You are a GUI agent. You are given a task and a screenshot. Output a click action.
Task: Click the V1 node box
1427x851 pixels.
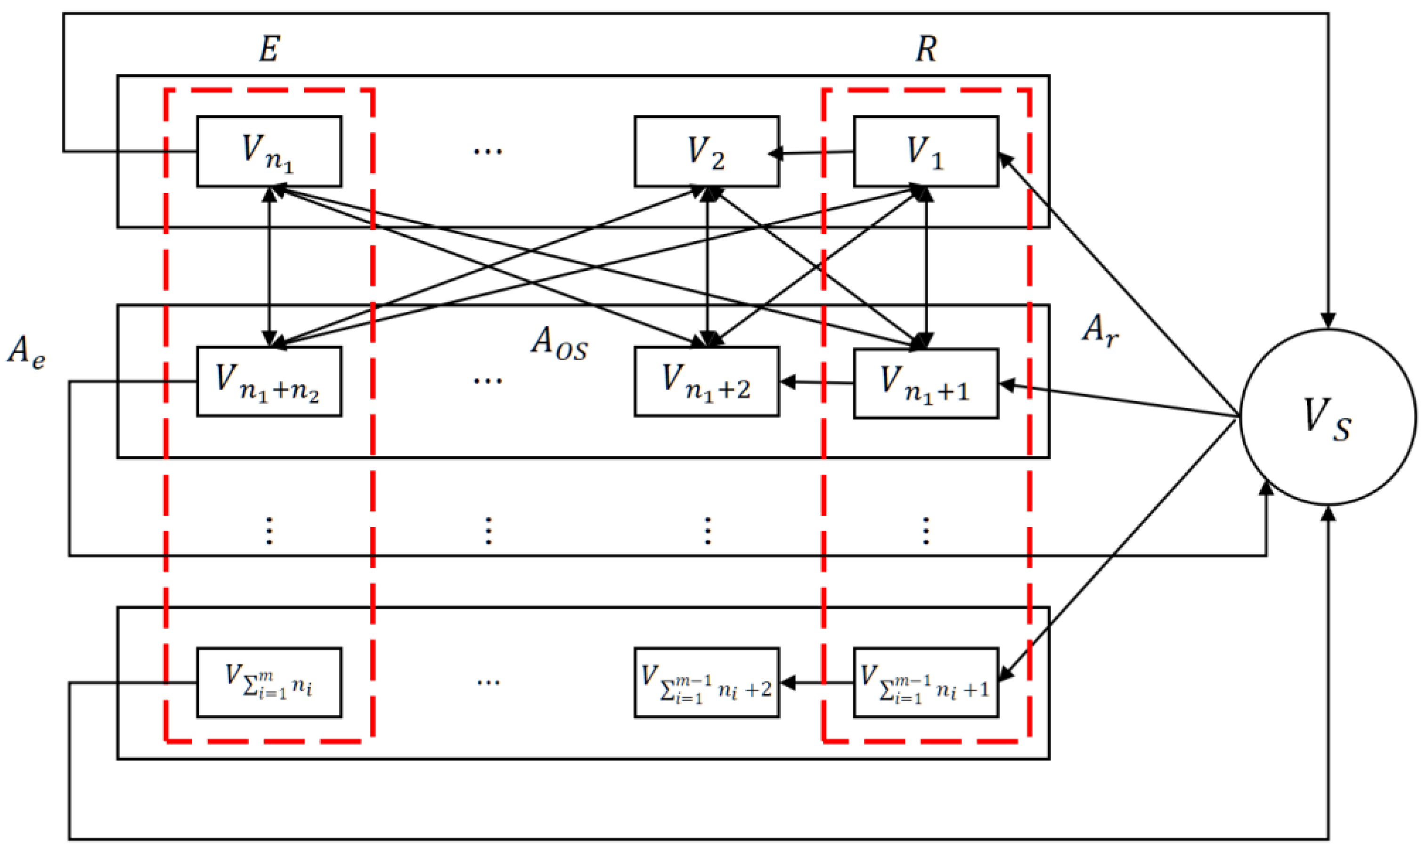[925, 151]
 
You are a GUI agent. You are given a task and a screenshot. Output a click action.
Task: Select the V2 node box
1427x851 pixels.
[706, 151]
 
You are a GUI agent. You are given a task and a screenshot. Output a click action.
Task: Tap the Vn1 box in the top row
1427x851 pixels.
[269, 151]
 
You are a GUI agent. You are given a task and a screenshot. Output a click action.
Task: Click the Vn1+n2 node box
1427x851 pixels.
[269, 381]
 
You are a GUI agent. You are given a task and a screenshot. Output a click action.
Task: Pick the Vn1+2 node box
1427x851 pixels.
[706, 381]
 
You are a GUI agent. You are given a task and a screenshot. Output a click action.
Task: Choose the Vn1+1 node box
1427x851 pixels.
[925, 383]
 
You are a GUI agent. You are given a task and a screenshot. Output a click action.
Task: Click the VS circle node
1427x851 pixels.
[1328, 417]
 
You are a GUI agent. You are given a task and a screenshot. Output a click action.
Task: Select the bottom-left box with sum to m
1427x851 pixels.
[269, 682]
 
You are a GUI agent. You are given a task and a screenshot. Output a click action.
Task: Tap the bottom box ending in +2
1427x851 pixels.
[706, 682]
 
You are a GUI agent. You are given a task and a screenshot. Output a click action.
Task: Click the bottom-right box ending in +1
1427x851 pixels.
[925, 682]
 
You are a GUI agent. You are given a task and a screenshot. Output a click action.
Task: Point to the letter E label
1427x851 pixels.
[269, 49]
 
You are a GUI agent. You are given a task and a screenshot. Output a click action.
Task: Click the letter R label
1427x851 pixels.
[925, 49]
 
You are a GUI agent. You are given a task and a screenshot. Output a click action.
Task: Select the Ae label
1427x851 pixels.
[26, 351]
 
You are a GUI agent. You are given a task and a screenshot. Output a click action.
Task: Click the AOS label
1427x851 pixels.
[559, 344]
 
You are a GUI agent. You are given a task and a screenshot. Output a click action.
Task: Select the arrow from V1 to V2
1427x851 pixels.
[815, 153]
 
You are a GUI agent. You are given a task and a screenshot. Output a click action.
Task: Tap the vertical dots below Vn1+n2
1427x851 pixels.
[269, 530]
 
